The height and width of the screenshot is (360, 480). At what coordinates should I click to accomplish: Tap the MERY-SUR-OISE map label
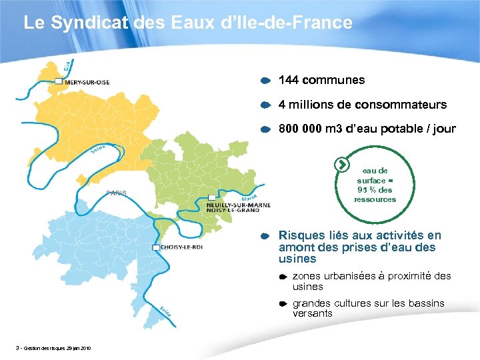[87, 81]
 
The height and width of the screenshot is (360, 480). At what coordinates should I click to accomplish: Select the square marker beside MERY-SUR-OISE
[59, 81]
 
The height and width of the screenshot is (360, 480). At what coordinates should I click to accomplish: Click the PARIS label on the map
[116, 193]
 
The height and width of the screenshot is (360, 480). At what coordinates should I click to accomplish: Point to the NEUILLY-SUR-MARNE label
[239, 205]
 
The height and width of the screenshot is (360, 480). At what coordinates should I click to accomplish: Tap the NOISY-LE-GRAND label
[233, 211]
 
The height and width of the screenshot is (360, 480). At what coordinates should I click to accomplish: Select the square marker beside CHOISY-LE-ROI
[156, 247]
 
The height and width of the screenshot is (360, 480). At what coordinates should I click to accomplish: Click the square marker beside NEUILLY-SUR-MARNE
[211, 198]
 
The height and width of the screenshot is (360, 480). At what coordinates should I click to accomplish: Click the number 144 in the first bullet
[288, 80]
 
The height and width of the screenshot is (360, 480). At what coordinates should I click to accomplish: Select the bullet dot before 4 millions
[265, 105]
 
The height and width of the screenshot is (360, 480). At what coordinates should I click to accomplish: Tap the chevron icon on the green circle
[341, 164]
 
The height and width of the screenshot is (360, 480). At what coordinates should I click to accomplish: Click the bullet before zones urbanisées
[283, 276]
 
